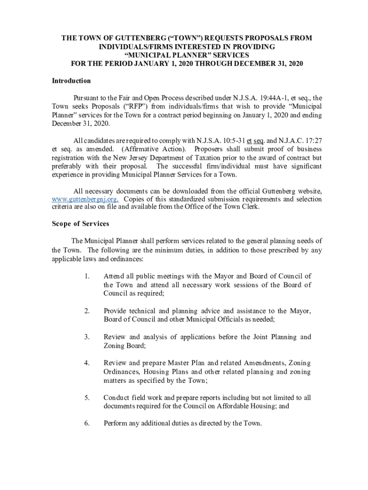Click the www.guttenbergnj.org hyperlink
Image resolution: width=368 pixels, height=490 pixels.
click(x=85, y=199)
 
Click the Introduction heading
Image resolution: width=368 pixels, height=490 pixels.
click(x=71, y=81)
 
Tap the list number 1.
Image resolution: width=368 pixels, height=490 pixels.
click(x=87, y=276)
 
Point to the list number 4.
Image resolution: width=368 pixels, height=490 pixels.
click(x=87, y=363)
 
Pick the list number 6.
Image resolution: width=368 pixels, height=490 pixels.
click(x=87, y=423)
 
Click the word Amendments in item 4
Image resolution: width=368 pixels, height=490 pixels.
click(x=262, y=363)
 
